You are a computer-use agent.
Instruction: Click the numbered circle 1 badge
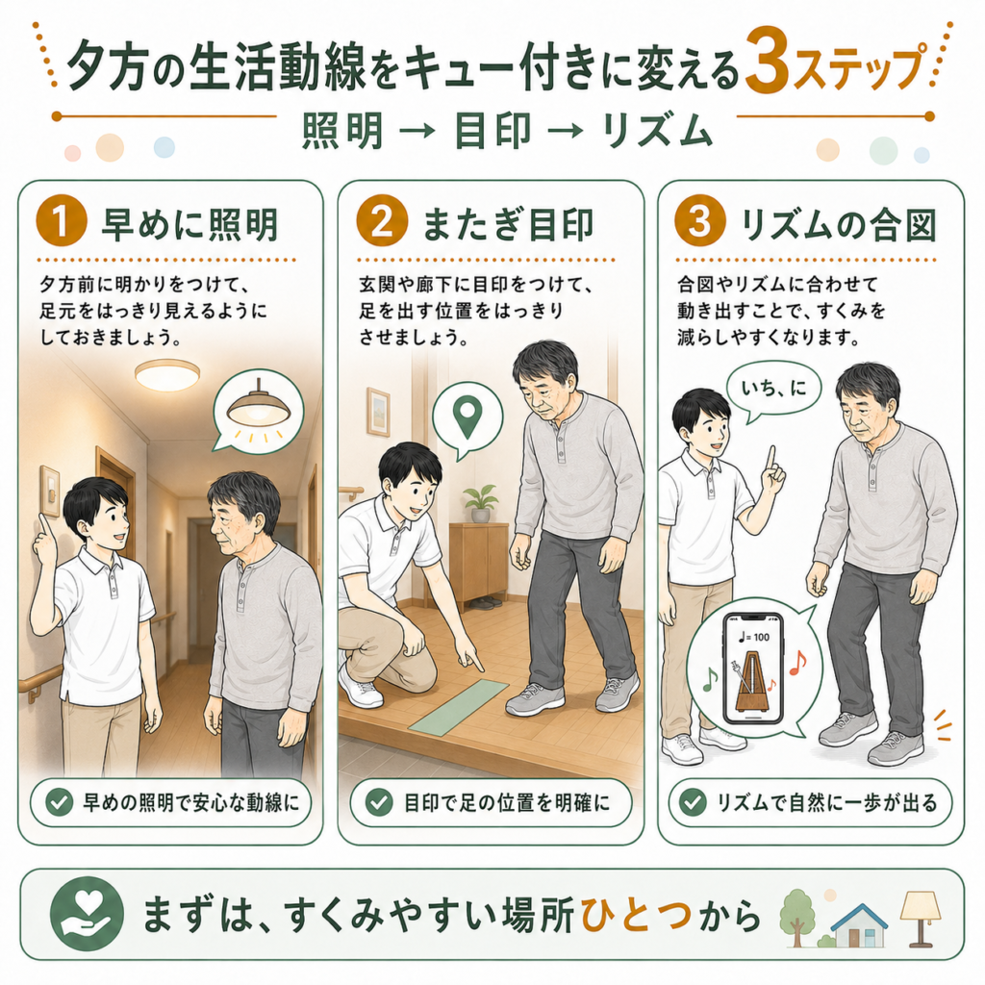[61, 221]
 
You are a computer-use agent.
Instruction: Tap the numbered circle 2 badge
[382, 221]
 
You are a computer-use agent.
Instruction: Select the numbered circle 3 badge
[700, 221]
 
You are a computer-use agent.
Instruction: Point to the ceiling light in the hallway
[167, 375]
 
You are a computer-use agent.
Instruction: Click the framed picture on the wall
[378, 412]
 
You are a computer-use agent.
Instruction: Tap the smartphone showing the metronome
[753, 669]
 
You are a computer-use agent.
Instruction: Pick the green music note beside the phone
[709, 679]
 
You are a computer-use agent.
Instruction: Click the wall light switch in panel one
[50, 490]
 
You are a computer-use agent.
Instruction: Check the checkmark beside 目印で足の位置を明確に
[379, 802]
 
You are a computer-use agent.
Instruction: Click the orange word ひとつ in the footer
[637, 916]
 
